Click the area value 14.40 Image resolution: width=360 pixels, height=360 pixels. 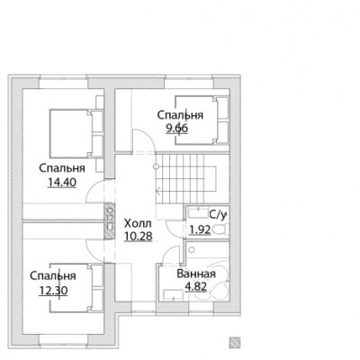coord(62,183)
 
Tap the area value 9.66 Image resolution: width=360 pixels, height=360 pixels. coord(177,129)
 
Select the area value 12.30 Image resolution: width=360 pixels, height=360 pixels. coord(53,291)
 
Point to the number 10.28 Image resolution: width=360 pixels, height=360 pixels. coord(139,236)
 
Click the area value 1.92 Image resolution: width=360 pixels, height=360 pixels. coord(200,230)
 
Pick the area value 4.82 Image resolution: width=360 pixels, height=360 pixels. coord(196,287)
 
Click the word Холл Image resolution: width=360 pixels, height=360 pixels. coord(138,223)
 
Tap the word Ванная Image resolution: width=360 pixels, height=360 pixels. coord(196,274)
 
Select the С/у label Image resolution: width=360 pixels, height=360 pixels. coord(219,214)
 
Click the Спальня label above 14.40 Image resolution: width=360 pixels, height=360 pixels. coord(62,168)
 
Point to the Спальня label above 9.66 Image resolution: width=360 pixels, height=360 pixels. coord(180,115)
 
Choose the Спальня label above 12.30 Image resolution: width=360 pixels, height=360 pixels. coord(53,275)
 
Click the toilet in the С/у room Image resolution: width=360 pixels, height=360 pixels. coord(220,230)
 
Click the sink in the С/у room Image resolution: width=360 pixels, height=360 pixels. coord(198,213)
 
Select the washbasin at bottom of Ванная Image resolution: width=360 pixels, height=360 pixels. coord(174,294)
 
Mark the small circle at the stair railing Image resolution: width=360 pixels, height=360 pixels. coord(156,166)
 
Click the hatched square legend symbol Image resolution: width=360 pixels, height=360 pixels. coord(235,342)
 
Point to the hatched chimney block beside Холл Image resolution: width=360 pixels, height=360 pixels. coord(109,221)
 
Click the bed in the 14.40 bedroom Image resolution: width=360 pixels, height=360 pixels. coord(76,133)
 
